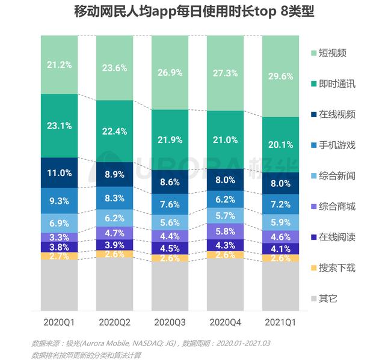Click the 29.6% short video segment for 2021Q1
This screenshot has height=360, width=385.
point(281,76)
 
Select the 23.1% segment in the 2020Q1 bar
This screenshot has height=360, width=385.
point(59,126)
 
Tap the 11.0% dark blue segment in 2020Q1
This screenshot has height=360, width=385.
point(59,172)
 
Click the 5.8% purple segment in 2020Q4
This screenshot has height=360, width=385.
point(225,231)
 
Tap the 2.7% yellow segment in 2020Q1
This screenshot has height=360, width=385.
point(59,256)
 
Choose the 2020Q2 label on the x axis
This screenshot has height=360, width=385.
point(114,323)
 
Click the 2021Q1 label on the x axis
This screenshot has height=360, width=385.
point(281,323)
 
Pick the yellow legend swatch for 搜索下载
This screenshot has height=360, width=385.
point(315,267)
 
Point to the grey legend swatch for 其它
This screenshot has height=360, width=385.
point(315,298)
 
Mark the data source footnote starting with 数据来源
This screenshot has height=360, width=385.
point(151,343)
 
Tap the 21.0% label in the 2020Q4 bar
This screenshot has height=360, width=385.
point(225,140)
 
